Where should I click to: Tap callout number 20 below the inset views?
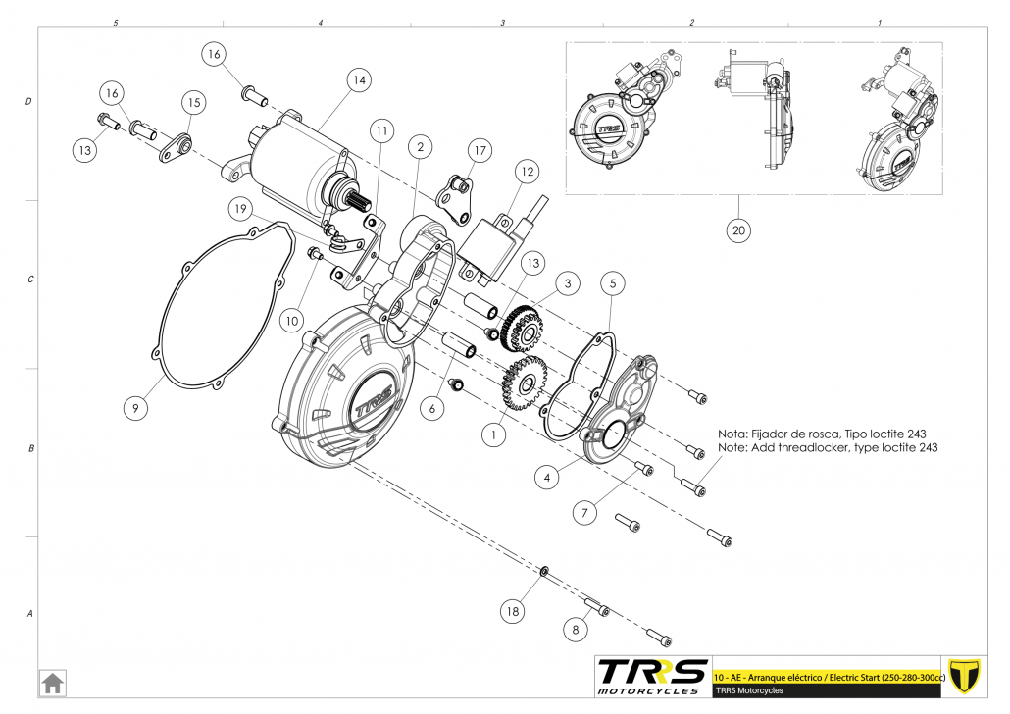point(739,230)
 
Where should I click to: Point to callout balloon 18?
point(511,612)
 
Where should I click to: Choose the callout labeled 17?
point(479,151)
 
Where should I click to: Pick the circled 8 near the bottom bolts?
point(576,628)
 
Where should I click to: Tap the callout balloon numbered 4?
point(547,478)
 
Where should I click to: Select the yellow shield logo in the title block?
point(968,676)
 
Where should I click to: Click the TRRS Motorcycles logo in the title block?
point(652,676)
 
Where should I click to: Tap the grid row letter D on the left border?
point(28,101)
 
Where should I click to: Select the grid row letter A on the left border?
point(29,614)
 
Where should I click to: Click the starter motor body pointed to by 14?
point(294,162)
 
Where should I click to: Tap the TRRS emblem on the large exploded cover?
point(372,403)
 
